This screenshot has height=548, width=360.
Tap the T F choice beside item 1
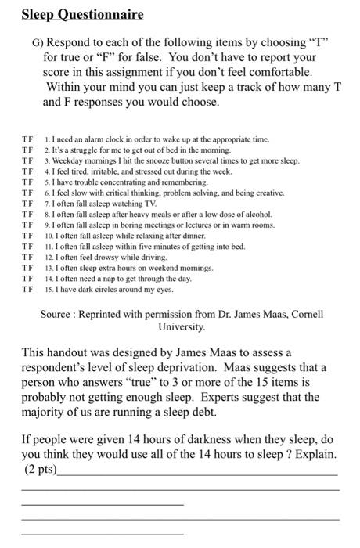pyautogui.click(x=28, y=139)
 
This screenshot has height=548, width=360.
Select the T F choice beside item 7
pyautogui.click(x=28, y=202)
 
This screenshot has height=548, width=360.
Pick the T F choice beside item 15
pyautogui.click(x=28, y=288)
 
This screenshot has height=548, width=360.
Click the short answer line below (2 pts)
pyautogui.click(x=102, y=503)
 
